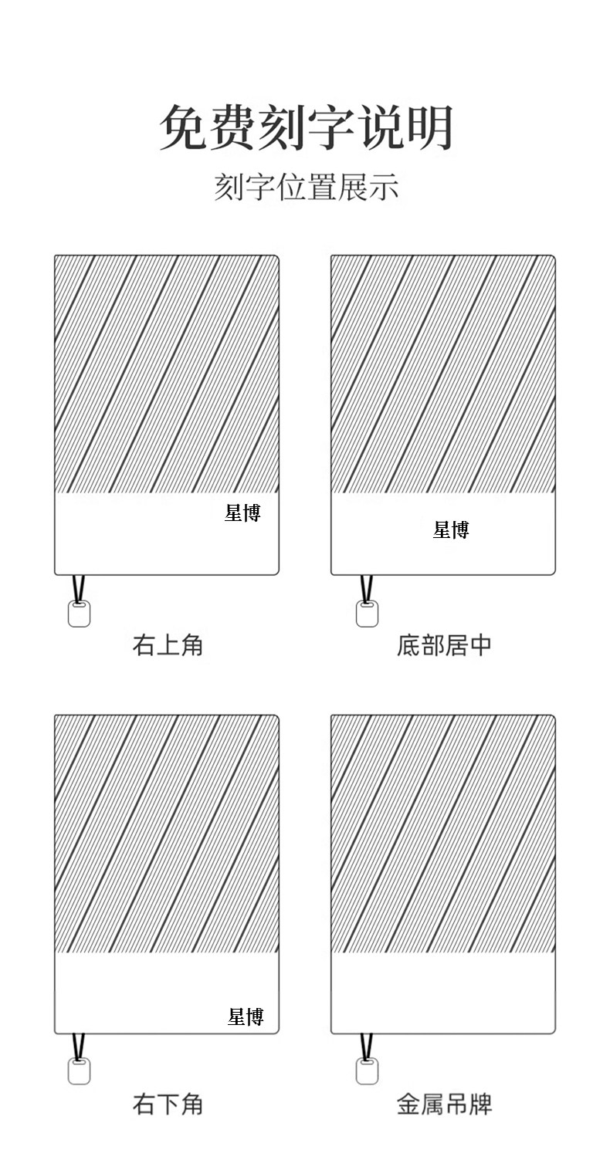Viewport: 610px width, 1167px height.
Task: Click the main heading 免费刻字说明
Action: pos(306,127)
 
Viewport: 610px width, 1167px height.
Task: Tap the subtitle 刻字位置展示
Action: pos(306,188)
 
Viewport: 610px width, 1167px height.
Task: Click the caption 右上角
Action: pos(168,644)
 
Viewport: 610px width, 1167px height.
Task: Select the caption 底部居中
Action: pos(444,644)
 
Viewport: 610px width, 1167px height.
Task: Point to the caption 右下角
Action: pos(168,1104)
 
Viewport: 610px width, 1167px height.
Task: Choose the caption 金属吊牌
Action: pos(444,1104)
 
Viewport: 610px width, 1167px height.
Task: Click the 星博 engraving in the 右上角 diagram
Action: pos(242,512)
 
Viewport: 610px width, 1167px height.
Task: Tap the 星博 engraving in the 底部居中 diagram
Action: pos(451,529)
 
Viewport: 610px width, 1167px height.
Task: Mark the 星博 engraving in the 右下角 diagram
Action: pos(246,1016)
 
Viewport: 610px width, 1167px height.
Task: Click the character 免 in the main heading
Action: pos(182,127)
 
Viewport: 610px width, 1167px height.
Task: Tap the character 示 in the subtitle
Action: pos(384,188)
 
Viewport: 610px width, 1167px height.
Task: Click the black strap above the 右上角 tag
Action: pos(78,588)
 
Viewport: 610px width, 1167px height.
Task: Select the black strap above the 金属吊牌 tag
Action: pos(366,1047)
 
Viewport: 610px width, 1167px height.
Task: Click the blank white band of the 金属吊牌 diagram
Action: pos(442,993)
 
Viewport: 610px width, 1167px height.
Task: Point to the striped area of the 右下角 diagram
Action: pos(166,834)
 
